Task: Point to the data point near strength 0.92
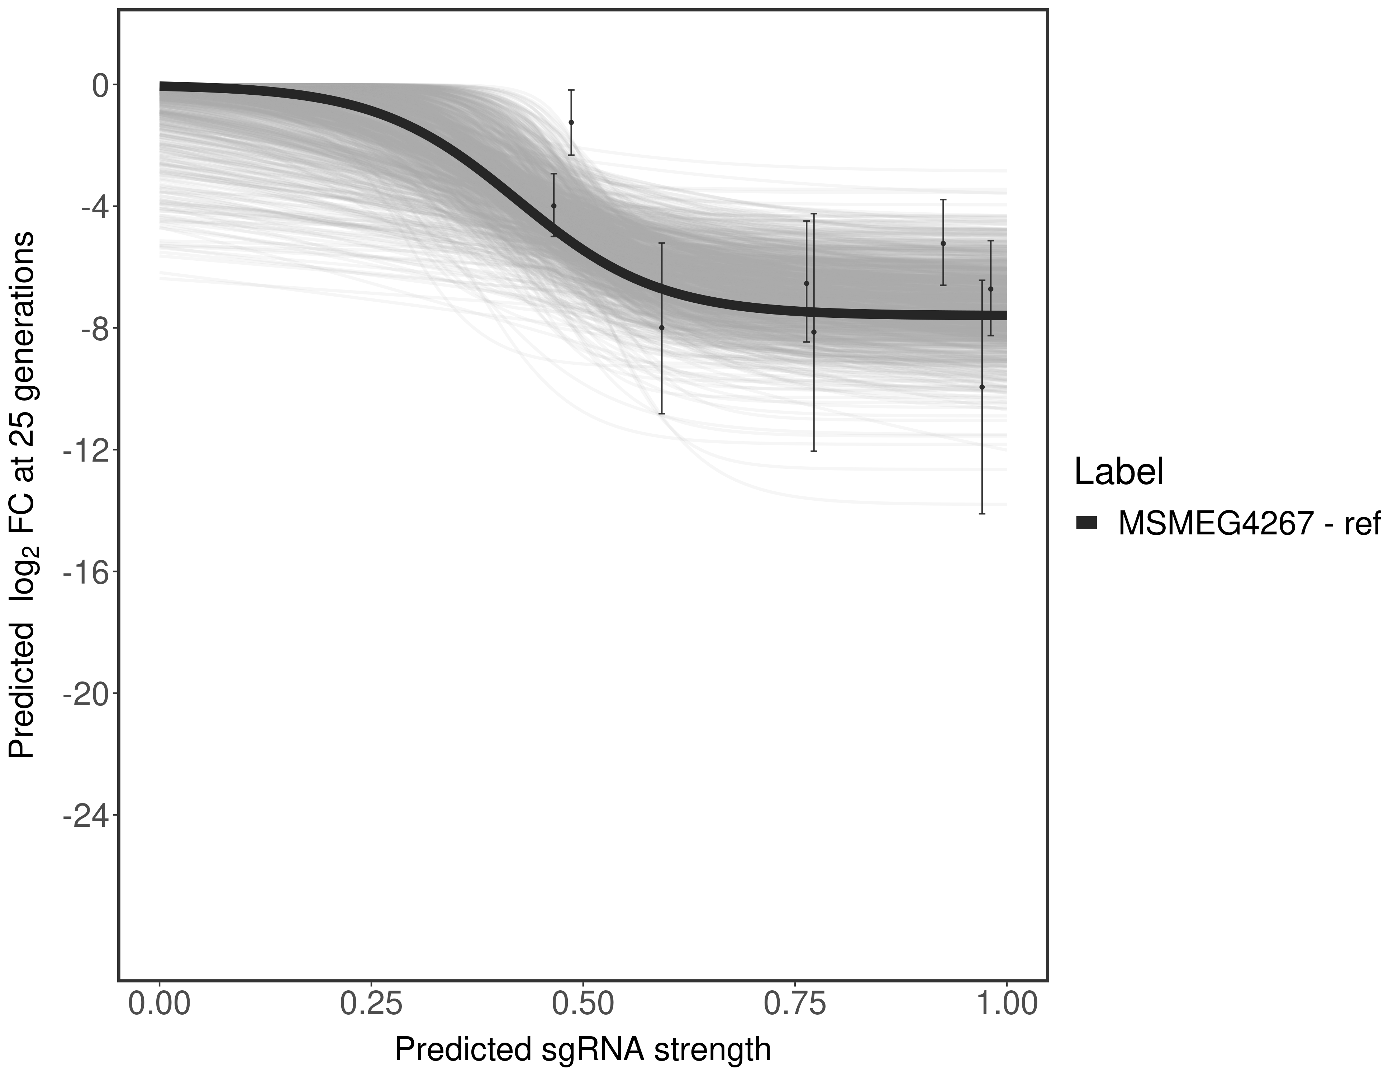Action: coord(943,244)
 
